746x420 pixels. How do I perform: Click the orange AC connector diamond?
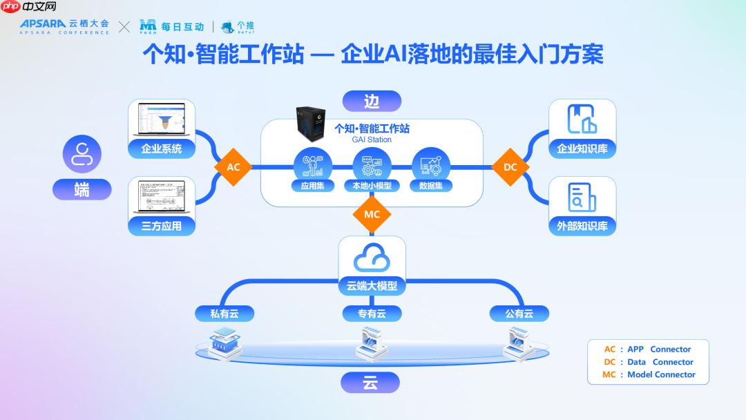(233, 167)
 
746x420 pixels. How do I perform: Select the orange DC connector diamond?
(510, 167)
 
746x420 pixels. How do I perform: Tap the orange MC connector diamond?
(372, 214)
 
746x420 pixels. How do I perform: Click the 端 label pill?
(82, 189)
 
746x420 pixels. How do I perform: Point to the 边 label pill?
(372, 102)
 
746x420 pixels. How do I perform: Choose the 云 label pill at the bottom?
(370, 383)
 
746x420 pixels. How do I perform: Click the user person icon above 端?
(82, 154)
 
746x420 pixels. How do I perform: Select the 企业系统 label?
(162, 149)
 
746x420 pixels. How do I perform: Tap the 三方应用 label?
(162, 226)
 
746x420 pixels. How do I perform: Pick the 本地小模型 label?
(372, 185)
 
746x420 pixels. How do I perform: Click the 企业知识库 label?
(582, 149)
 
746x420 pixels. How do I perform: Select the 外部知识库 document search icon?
(582, 197)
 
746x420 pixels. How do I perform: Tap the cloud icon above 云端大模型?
(372, 260)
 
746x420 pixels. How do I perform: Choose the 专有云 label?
(372, 314)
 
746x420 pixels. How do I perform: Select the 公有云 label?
(519, 314)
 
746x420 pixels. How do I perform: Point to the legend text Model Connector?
(661, 374)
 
